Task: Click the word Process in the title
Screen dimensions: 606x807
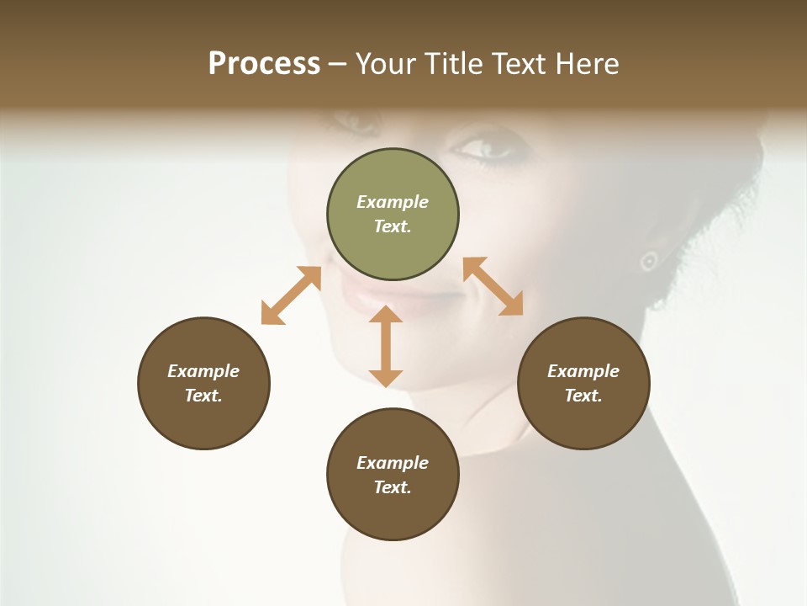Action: [264, 64]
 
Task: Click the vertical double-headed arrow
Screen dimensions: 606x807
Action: [386, 346]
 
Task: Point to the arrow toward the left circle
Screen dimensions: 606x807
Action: [291, 295]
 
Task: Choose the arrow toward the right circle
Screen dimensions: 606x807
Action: [493, 286]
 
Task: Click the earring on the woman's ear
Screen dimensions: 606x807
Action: [648, 261]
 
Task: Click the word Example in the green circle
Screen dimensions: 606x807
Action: [393, 202]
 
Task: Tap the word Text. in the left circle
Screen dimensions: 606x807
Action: [203, 396]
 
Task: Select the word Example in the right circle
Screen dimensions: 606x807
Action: [583, 371]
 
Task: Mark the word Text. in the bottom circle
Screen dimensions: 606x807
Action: [393, 487]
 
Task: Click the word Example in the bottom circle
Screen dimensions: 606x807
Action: [393, 463]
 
